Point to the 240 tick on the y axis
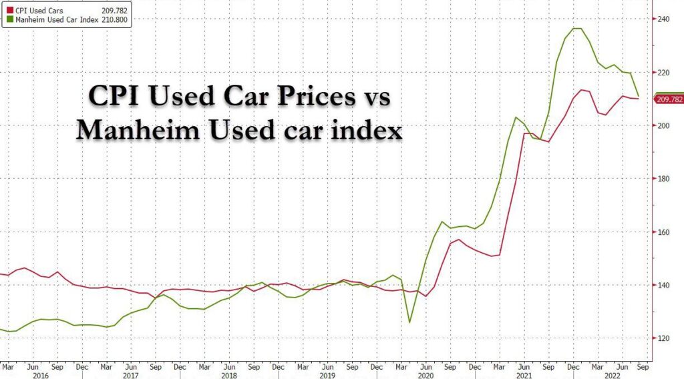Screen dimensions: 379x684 click(664, 18)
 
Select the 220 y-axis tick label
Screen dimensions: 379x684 click(664, 72)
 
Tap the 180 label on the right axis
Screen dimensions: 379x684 click(664, 179)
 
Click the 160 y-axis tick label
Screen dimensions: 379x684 click(664, 232)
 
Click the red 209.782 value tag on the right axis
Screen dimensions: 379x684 click(669, 99)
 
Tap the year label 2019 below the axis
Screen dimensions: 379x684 click(327, 376)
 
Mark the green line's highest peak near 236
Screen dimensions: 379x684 click(576, 28)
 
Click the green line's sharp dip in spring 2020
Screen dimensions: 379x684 click(409, 322)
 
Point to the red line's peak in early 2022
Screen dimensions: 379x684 click(583, 89)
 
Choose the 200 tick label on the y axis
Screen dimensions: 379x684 click(664, 125)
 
